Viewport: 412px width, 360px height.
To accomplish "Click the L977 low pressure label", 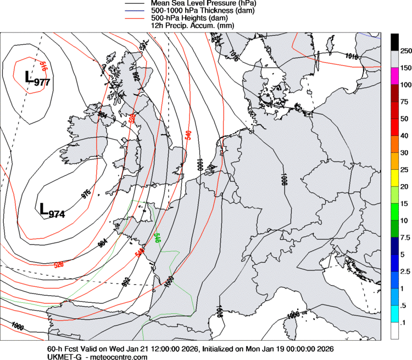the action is pyautogui.click(x=37, y=78).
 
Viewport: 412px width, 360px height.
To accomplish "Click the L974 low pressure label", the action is pyautogui.click(x=52, y=210).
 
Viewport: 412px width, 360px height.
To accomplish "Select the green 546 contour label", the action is pyautogui.click(x=157, y=237).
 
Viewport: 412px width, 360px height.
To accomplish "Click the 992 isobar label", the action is pyautogui.click(x=126, y=282).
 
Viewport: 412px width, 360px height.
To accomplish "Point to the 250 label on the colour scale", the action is pyautogui.click(x=406, y=51).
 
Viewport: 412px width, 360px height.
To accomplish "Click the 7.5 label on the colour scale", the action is pyautogui.click(x=405, y=237).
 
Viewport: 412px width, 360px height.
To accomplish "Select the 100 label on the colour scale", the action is pyautogui.click(x=406, y=85).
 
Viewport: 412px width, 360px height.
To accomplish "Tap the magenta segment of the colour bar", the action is pyautogui.click(x=394, y=76).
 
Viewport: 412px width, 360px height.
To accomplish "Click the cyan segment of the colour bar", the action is pyautogui.click(x=394, y=314).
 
